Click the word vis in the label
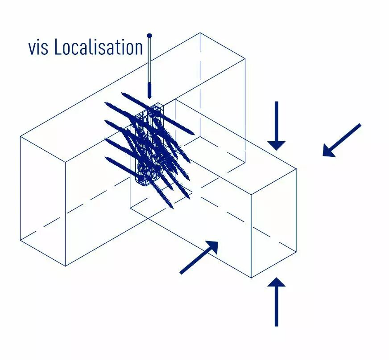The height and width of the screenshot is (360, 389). [38, 48]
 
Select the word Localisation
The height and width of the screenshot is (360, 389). [99, 47]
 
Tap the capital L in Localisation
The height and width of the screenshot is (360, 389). [58, 47]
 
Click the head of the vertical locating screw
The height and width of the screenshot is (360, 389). [149, 36]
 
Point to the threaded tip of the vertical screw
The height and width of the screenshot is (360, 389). [149, 90]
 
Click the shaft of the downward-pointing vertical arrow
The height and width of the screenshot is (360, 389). [277, 121]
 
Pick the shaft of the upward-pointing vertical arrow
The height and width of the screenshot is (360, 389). [277, 306]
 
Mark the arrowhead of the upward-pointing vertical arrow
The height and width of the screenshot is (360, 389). [277, 282]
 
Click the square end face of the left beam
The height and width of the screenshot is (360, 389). [43, 201]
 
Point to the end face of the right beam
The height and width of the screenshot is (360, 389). [273, 223]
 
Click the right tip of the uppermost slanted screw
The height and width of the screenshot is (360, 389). [193, 134]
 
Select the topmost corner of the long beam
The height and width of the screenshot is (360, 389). [200, 33]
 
